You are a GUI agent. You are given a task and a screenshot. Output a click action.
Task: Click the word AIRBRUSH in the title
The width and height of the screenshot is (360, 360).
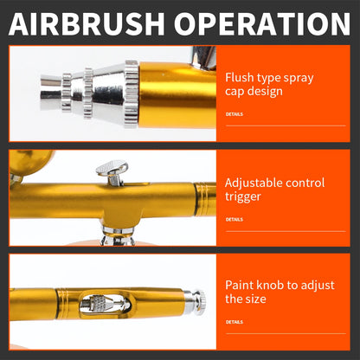click(89, 22)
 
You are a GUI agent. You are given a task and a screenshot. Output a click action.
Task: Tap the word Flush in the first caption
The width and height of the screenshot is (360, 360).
click(240, 78)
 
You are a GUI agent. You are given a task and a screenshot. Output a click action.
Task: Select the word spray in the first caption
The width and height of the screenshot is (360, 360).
click(297, 78)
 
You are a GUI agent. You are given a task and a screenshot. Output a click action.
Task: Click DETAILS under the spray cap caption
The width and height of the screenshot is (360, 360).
click(234, 113)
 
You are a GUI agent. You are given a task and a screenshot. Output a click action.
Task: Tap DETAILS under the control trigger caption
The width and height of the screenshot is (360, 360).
click(234, 220)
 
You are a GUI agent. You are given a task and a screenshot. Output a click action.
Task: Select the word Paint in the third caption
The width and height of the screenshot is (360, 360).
click(241, 284)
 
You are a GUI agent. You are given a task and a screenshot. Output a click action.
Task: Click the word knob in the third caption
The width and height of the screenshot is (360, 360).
click(273, 284)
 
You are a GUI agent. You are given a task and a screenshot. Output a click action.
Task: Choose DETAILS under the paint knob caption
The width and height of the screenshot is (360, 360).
click(234, 322)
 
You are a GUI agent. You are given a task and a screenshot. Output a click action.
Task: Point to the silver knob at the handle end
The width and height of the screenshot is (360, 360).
click(198, 301)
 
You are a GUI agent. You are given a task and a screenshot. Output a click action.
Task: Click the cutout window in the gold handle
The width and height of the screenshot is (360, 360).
click(100, 303)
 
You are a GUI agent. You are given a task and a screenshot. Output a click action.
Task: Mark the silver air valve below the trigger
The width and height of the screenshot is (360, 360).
click(117, 236)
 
